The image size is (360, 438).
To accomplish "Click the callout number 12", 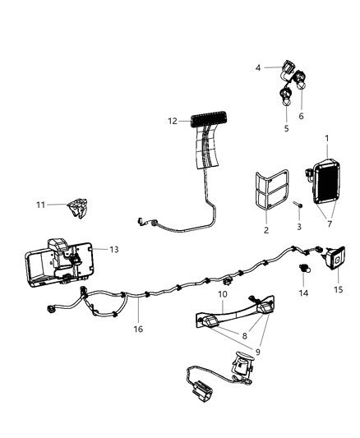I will pyautogui.click(x=172, y=121).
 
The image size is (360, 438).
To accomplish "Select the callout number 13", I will pyautogui.click(x=113, y=249).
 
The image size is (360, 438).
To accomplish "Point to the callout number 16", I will pyautogui.click(x=137, y=329).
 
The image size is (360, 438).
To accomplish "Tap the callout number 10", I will pyautogui.click(x=222, y=293).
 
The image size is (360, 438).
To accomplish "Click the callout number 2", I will pyautogui.click(x=265, y=231).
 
